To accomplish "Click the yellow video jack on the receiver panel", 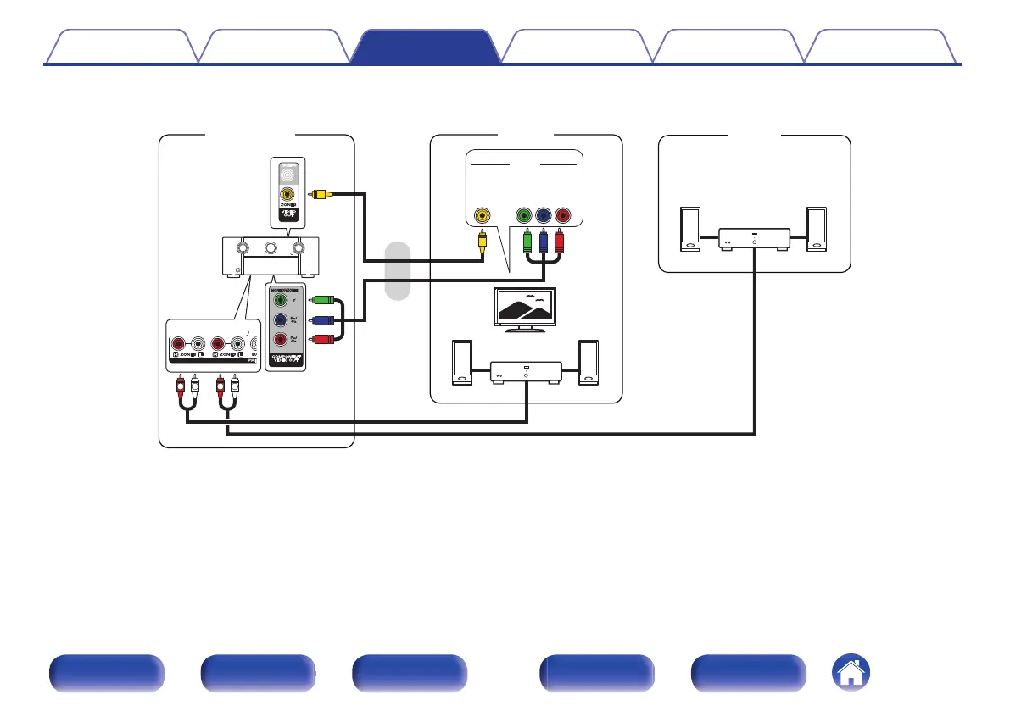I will [x=289, y=193].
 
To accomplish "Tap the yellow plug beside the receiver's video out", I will [x=320, y=193].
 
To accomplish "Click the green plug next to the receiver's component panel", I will [x=322, y=299].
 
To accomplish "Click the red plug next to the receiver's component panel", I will [x=322, y=340].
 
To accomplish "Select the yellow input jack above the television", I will [x=482, y=215].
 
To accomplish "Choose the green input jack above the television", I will [x=526, y=215].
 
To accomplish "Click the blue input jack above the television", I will [x=544, y=215].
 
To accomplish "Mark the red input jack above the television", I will [x=561, y=215].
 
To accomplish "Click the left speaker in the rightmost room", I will [x=690, y=229].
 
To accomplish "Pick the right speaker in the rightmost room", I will [x=817, y=229].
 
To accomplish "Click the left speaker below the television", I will [x=462, y=363].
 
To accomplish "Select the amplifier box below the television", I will [x=527, y=372].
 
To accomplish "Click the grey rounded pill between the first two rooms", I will [x=397, y=270].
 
